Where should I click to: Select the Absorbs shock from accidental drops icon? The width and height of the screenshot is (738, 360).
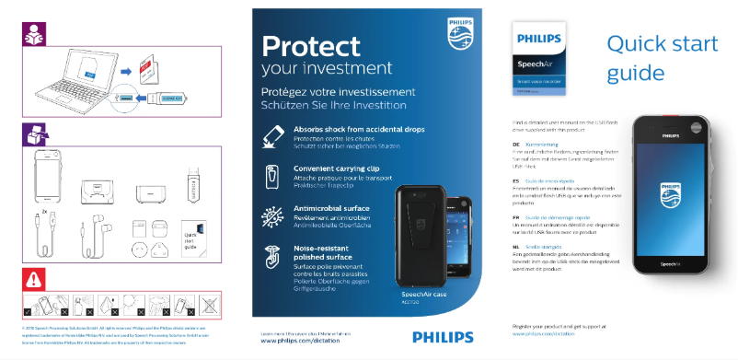click(x=272, y=136)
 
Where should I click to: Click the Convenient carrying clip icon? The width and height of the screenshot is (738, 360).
click(x=272, y=175)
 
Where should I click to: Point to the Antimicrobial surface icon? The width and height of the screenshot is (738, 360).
click(x=272, y=215)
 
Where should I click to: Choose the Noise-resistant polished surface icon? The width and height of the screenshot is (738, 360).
click(x=272, y=255)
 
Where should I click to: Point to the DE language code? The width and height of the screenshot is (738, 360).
click(x=515, y=145)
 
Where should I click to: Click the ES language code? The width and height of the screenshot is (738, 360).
click(x=515, y=181)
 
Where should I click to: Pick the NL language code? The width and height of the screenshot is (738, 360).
click(x=515, y=248)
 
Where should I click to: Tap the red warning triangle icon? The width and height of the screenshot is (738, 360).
click(x=33, y=278)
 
